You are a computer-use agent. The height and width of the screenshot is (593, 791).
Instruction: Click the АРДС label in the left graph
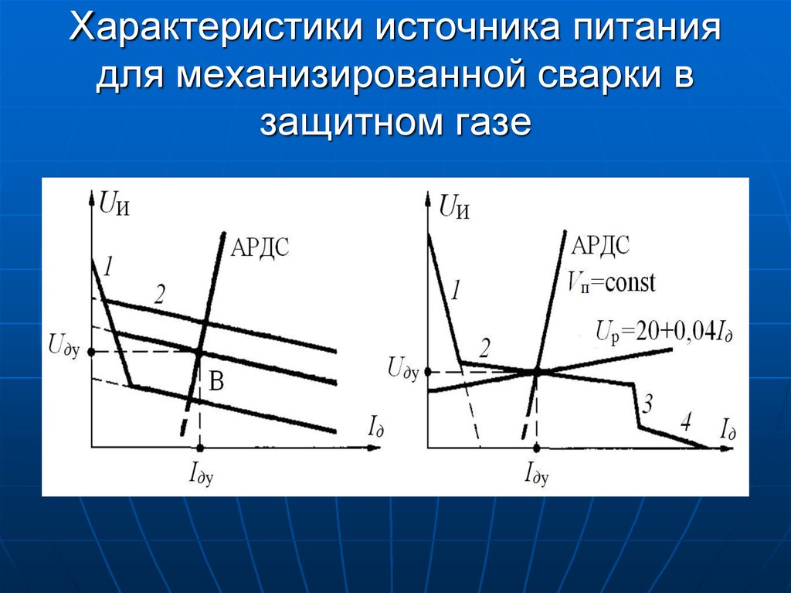(x=260, y=247)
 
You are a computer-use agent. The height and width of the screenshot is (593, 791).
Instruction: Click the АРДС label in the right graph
(x=600, y=246)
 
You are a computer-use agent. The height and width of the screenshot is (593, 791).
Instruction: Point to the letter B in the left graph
(x=216, y=381)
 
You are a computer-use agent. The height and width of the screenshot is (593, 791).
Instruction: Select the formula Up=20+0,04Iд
(x=664, y=332)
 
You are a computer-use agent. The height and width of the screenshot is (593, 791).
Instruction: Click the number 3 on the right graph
(x=647, y=404)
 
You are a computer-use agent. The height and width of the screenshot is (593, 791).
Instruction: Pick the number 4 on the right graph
(x=686, y=421)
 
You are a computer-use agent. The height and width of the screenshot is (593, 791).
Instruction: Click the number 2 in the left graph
(x=159, y=295)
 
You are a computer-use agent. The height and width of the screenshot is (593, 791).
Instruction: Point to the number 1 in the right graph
(x=455, y=291)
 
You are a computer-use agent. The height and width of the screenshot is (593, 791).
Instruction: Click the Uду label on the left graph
(x=63, y=346)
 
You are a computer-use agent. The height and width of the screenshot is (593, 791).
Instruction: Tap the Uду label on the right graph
(x=403, y=368)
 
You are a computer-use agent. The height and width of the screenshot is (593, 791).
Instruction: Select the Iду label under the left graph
(x=201, y=474)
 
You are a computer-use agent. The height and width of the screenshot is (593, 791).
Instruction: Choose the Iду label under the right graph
(x=537, y=474)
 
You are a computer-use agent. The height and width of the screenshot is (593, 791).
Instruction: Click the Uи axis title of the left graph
(x=114, y=204)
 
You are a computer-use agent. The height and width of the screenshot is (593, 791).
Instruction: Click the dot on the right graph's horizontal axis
(x=537, y=448)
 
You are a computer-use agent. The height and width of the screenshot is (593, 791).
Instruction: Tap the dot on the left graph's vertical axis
(x=91, y=352)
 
